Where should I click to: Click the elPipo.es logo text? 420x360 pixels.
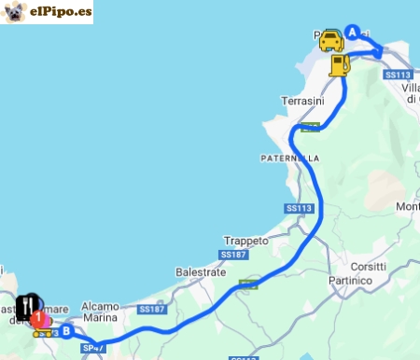pos(60,13)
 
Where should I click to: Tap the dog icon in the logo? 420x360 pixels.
pos(15,12)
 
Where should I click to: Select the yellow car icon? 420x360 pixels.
pos(331,40)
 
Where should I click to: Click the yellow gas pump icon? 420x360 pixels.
pos(340,64)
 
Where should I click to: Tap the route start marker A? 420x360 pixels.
pos(353,31)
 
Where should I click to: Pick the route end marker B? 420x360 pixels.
pos(66,328)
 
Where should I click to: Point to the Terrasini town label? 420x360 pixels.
pos(301,100)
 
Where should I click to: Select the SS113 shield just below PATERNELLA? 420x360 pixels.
pos(298,208)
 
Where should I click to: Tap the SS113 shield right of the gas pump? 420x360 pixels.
pos(398,75)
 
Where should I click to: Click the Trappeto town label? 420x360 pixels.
pos(246,240)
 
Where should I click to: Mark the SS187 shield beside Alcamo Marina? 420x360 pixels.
pos(151,309)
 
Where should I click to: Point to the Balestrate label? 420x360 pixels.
pos(200,272)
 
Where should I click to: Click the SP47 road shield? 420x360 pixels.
pos(91,348)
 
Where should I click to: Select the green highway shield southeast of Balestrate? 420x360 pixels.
pos(248,284)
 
